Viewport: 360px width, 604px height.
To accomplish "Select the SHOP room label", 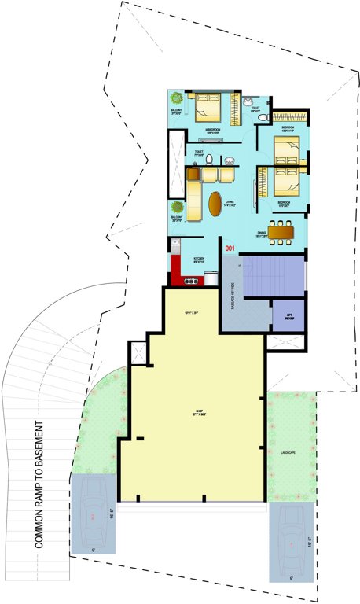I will pyautogui.click(x=199, y=411).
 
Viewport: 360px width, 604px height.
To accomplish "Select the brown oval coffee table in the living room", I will pyautogui.click(x=215, y=204).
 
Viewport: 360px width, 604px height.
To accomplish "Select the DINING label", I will pyautogui.click(x=261, y=233).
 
